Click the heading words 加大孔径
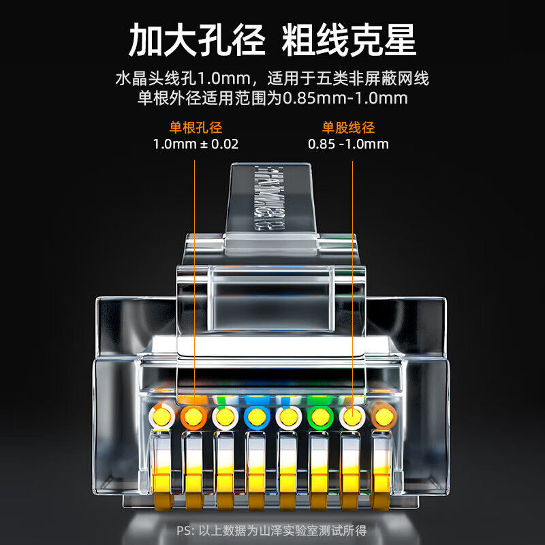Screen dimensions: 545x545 (198, 40)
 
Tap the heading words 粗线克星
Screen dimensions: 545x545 (349, 40)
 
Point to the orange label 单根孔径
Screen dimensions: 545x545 (196, 127)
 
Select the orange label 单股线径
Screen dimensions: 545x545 (348, 127)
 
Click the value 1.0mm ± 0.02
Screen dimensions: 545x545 (196, 144)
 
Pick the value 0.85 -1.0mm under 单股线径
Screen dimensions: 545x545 (348, 144)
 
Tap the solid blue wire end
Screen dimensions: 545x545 (255, 415)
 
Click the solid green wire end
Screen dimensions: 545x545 (319, 415)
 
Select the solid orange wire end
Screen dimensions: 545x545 (193, 415)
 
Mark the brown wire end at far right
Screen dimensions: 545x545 (382, 415)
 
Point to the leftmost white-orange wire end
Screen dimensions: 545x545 (162, 415)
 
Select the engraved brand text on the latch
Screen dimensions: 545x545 (264, 198)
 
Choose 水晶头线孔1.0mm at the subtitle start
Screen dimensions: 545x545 (174, 79)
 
